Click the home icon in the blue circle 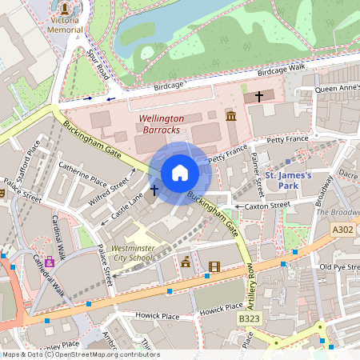tap(180, 173)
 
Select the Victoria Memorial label tap(66, 23)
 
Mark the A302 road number tap(342, 230)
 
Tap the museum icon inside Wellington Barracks tap(232, 117)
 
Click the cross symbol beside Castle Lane tap(153, 192)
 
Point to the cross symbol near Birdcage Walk tap(258, 96)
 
